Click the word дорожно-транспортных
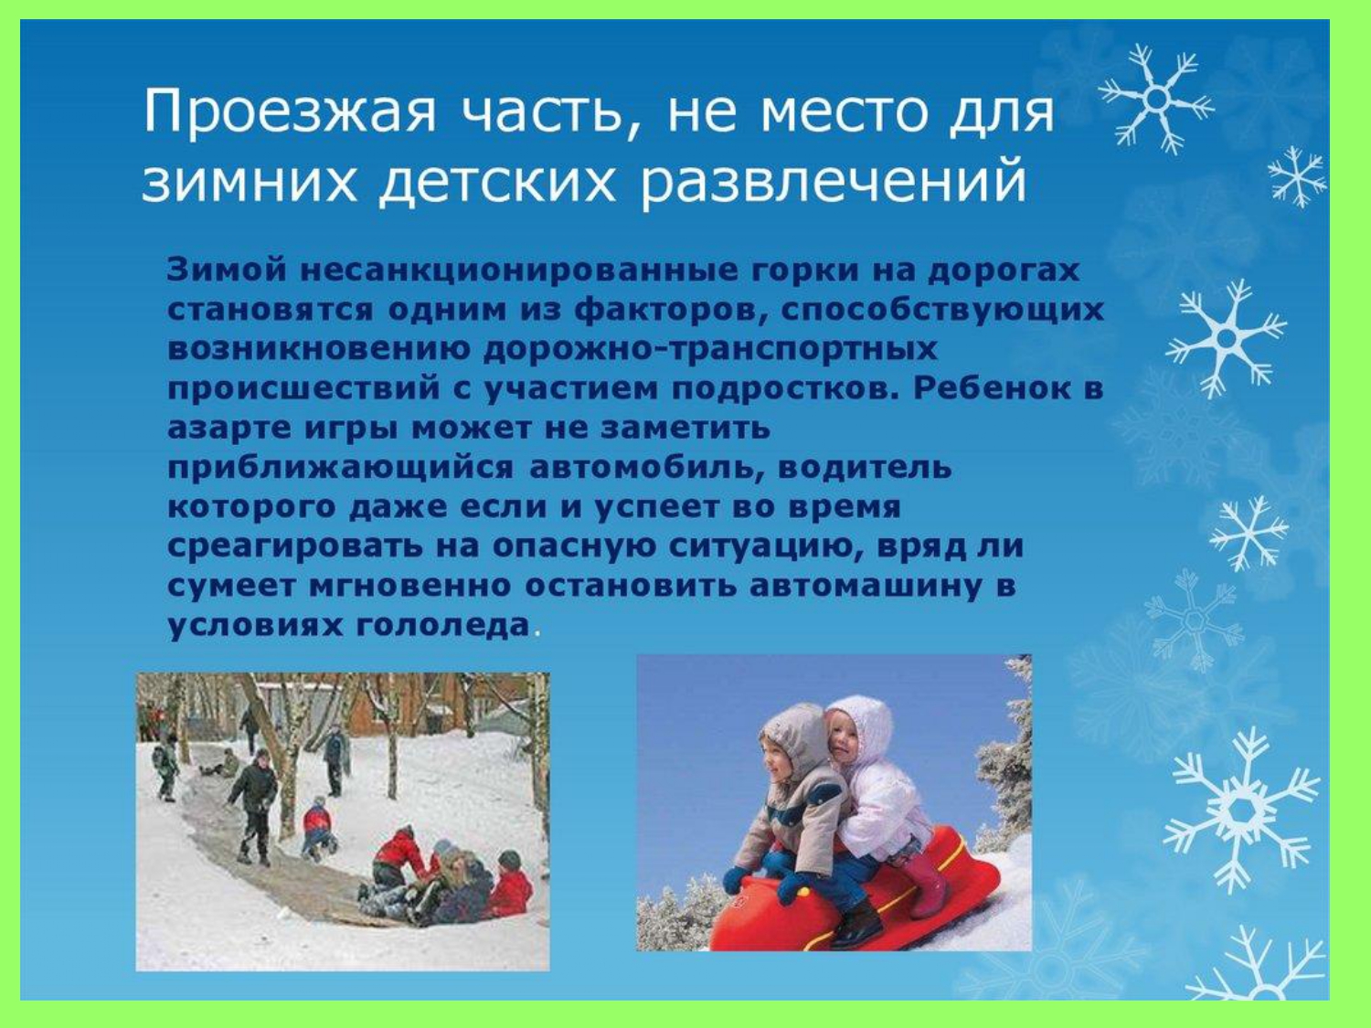711,350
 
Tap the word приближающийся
341,468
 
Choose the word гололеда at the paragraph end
443,625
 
